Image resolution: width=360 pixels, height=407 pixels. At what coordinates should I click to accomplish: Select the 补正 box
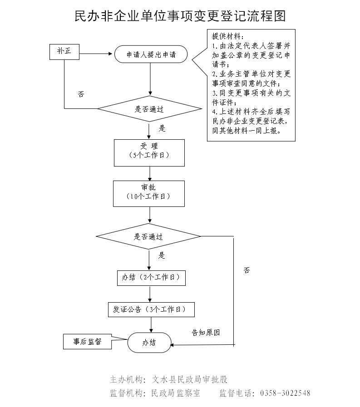point(64,51)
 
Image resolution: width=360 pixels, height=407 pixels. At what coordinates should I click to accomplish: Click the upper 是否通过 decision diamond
point(149,109)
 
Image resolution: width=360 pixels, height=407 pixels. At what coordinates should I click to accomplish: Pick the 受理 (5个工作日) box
point(149,152)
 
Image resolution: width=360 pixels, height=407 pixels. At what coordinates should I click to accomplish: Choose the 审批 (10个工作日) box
point(149,193)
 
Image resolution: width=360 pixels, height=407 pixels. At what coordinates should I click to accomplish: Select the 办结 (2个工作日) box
point(151,278)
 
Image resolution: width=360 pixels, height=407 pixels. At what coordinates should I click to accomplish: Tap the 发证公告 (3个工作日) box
point(151,309)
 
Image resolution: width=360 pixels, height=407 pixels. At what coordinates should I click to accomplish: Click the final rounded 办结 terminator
point(149,343)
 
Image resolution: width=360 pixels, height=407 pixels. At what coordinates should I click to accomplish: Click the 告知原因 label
point(206,333)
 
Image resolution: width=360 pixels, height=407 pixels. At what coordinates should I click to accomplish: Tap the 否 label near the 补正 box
point(81,94)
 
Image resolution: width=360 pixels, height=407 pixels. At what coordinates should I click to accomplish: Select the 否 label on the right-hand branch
point(247,270)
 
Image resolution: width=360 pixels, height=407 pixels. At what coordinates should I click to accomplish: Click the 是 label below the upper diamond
point(162,128)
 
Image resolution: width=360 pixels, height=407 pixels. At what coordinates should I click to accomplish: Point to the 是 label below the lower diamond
point(162,255)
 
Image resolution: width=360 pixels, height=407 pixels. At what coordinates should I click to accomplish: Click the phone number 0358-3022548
point(285,393)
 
